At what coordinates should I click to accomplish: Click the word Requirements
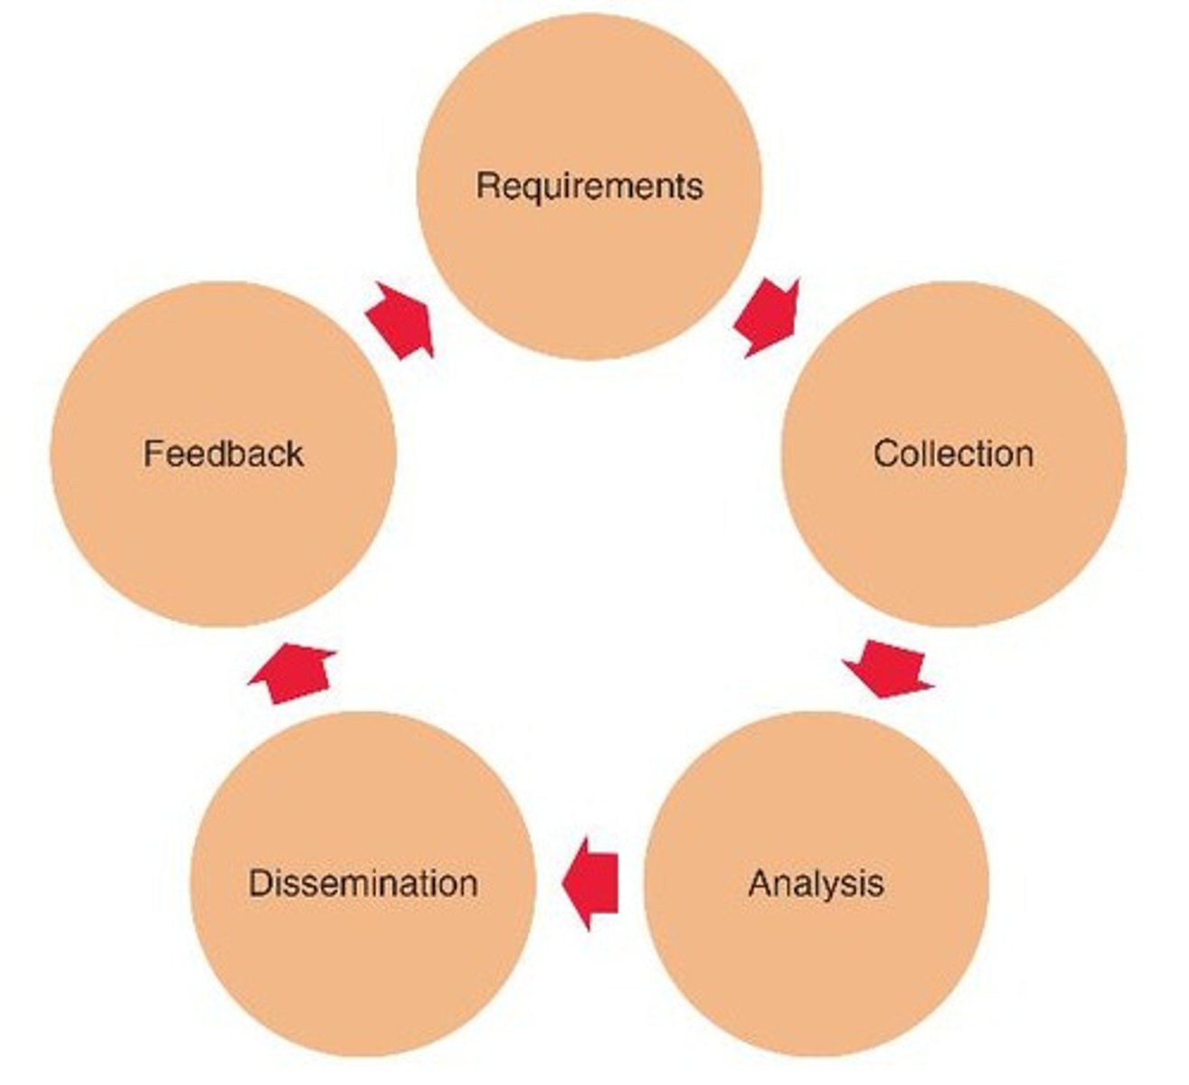tap(589, 186)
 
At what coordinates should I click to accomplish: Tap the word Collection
tap(953, 453)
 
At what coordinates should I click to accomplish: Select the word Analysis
tap(816, 882)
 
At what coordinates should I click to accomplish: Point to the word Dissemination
tap(363, 882)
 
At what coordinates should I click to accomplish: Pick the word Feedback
tap(223, 453)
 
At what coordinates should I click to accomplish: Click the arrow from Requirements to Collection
tap(768, 317)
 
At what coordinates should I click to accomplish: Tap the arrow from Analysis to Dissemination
tap(592, 882)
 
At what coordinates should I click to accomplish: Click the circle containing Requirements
tap(589, 262)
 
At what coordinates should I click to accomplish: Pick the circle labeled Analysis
tap(816, 958)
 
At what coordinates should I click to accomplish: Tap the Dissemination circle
tap(363, 958)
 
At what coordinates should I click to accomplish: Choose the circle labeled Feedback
tap(223, 533)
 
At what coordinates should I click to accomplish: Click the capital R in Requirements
tap(486, 186)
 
